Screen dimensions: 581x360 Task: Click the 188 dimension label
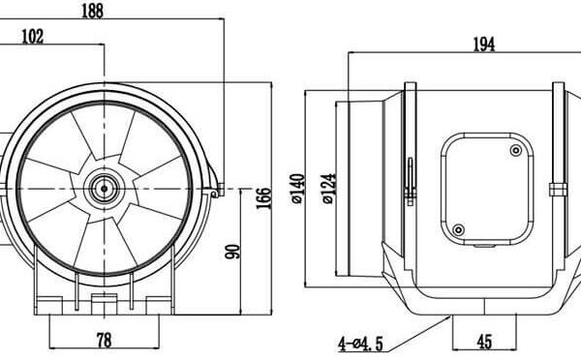[92, 11]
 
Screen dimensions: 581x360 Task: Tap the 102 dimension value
[33, 37]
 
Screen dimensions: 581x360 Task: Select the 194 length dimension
[484, 45]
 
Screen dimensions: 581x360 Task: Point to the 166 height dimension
[263, 198]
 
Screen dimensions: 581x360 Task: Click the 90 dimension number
[232, 252]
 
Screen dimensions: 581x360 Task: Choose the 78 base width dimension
[104, 340]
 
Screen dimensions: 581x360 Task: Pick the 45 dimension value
[484, 342]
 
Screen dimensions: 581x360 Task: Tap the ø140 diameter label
[298, 189]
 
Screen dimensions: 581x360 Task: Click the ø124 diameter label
[329, 189]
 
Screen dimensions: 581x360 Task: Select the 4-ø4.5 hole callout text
[360, 345]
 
